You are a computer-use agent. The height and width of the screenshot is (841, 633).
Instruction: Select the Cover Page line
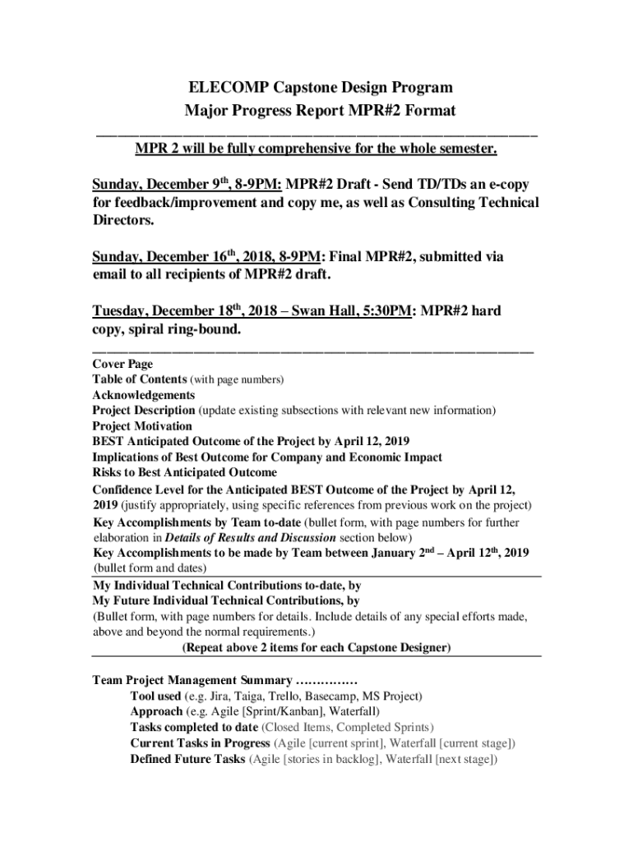pos(122,364)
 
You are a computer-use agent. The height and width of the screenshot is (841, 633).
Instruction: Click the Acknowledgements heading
pos(144,395)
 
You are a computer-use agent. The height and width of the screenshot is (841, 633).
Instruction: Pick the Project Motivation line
pos(142,426)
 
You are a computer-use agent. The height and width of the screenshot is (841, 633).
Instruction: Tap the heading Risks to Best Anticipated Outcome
pos(184,473)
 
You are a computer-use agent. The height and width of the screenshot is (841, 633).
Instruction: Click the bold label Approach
pos(156,712)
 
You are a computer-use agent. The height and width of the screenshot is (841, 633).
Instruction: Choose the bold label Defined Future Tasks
pos(187,760)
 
